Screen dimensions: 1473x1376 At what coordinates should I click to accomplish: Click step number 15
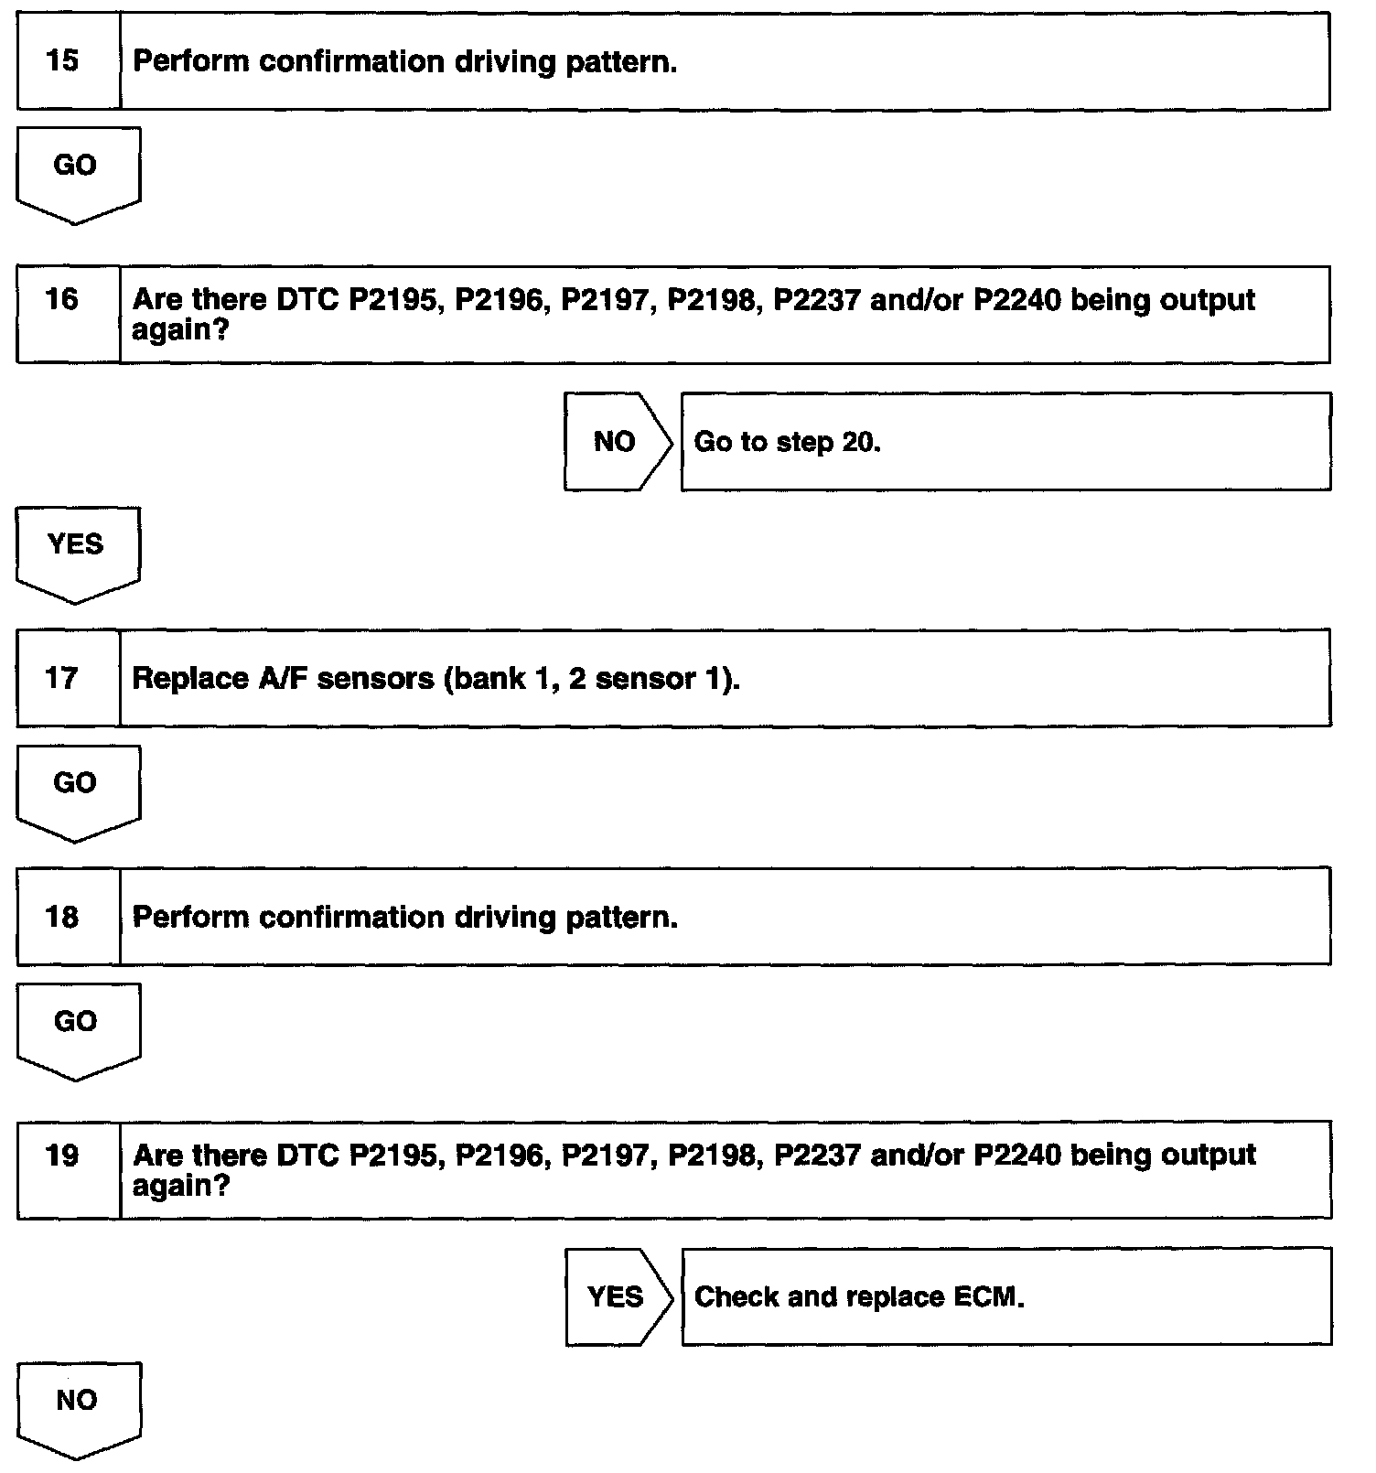pos(62,61)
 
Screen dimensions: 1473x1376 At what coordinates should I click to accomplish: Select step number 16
pos(62,299)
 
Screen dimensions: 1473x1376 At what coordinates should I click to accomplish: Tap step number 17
pos(62,678)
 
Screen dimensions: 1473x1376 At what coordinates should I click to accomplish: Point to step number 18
pos(62,917)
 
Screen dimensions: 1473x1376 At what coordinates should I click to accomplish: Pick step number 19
pos(62,1156)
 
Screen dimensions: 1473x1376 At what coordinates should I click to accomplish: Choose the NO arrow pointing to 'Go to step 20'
pos(615,442)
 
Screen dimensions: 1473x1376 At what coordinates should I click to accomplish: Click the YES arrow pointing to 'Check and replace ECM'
pos(615,1296)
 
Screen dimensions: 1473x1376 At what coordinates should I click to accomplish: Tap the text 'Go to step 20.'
pos(787,443)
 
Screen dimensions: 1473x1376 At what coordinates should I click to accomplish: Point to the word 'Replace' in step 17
pos(177,679)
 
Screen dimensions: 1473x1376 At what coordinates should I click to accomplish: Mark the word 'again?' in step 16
pos(179,330)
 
